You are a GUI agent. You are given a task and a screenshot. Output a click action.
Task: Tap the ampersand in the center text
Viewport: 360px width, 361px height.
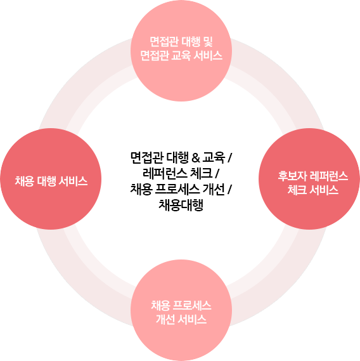click(x=195, y=158)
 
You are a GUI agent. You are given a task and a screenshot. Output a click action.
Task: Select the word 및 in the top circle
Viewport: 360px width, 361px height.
click(x=208, y=42)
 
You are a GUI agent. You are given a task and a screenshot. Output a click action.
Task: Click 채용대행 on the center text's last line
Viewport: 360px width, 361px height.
click(x=181, y=205)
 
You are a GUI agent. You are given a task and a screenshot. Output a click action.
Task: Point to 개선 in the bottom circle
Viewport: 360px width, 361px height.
click(x=165, y=319)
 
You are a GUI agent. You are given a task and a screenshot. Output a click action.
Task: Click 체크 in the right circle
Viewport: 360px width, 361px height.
click(x=297, y=190)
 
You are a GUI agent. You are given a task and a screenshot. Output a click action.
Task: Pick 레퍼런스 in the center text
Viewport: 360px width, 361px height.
click(x=165, y=173)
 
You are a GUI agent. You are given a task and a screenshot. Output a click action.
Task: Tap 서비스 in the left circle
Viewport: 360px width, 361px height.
click(x=73, y=181)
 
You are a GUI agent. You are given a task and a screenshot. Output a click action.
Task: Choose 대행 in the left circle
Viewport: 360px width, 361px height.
click(x=46, y=181)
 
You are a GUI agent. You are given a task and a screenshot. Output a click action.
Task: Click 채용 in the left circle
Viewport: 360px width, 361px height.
click(x=24, y=181)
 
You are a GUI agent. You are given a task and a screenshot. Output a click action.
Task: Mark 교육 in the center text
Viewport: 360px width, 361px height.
click(x=214, y=158)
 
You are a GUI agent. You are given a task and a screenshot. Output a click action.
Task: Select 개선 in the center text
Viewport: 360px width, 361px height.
click(x=214, y=190)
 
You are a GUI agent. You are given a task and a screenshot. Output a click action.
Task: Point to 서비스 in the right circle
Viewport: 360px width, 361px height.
click(x=324, y=190)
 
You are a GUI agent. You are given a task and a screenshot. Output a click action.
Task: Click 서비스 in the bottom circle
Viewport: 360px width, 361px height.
click(x=192, y=319)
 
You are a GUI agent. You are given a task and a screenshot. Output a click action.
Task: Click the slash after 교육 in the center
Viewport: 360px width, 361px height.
click(x=229, y=158)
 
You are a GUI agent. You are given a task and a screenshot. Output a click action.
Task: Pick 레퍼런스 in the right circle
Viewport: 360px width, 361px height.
click(x=328, y=176)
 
